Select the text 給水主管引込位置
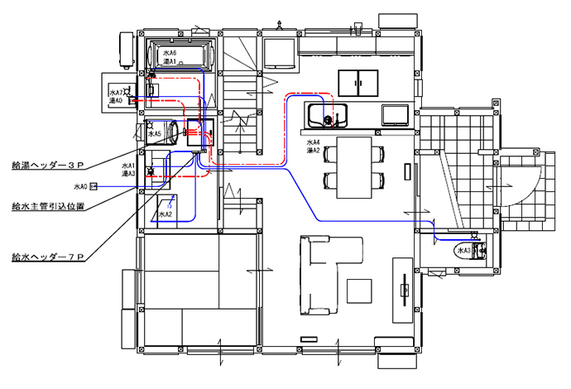pyautogui.click(x=47, y=205)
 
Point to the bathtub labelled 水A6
pyautogui.click(x=181, y=56)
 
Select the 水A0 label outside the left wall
pyautogui.click(x=80, y=186)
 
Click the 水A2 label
pyautogui.click(x=164, y=214)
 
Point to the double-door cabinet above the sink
pyautogui.click(x=358, y=84)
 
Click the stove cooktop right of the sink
pyautogui.click(x=394, y=113)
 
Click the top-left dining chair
pyautogui.click(x=333, y=152)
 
